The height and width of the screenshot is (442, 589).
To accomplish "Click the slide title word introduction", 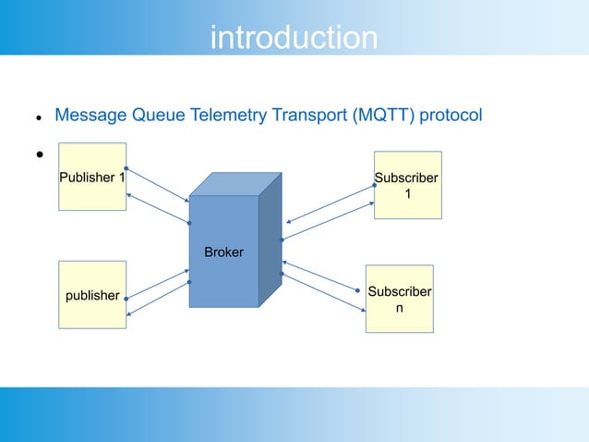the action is [x=294, y=37].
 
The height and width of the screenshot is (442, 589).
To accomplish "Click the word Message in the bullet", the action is [x=90, y=115].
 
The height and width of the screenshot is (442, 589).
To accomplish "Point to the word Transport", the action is [x=309, y=115].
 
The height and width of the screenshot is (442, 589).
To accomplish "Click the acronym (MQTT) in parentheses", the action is [x=383, y=115].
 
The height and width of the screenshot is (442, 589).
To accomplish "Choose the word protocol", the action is [x=451, y=115].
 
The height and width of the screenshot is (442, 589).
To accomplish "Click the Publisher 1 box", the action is [x=92, y=177].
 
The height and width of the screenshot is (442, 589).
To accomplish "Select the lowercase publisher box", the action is [x=92, y=295].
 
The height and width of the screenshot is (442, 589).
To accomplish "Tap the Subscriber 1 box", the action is [x=408, y=185].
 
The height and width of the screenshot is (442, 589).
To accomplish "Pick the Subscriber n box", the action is [x=400, y=299].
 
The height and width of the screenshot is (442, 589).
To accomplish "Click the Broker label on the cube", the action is [x=224, y=252].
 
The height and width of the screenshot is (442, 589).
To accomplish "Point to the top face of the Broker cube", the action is [x=235, y=184].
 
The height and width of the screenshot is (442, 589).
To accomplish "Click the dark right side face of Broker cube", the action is [x=270, y=240].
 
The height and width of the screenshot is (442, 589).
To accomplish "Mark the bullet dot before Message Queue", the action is [x=39, y=118].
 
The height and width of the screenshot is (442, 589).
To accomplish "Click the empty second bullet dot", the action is [x=40, y=154].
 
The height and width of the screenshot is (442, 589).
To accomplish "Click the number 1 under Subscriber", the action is [x=408, y=194].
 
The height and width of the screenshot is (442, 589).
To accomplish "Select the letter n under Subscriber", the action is [x=400, y=308].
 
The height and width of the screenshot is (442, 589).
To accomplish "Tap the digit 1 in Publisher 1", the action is [x=122, y=178].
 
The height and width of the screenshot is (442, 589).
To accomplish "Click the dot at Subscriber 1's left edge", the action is [x=374, y=185].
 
